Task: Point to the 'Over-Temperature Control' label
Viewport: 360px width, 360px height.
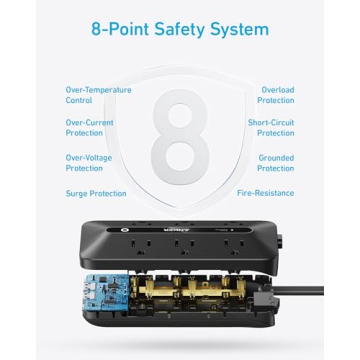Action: tap(98, 95)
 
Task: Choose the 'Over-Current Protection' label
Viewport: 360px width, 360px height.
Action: tap(90, 128)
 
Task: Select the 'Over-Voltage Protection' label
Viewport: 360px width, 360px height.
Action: tap(89, 162)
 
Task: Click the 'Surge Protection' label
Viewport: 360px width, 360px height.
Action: tap(96, 193)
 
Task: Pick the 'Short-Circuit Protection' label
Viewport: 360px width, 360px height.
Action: tap(271, 128)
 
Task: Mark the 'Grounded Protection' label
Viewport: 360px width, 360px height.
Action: tap(275, 162)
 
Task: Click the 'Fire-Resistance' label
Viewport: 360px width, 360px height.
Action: tap(265, 193)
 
